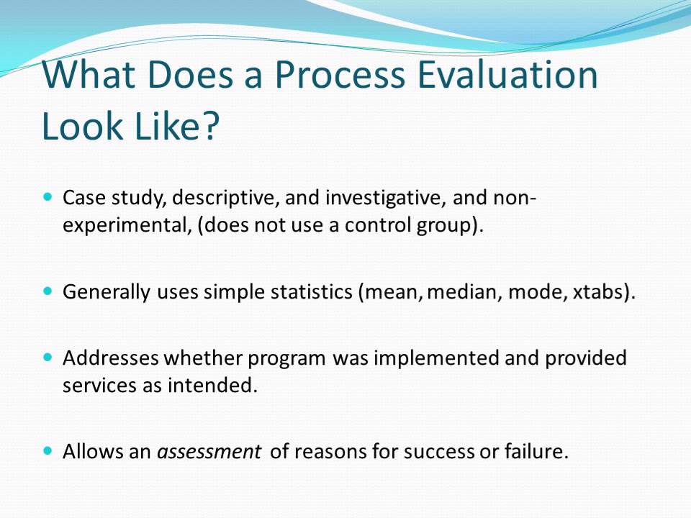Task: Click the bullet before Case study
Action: [x=48, y=196]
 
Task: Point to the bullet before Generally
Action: [x=48, y=292]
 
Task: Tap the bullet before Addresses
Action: [x=48, y=356]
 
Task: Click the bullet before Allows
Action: [x=48, y=452]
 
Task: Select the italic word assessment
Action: [x=209, y=453]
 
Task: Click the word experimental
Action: [x=125, y=225]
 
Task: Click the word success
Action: [x=439, y=453]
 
